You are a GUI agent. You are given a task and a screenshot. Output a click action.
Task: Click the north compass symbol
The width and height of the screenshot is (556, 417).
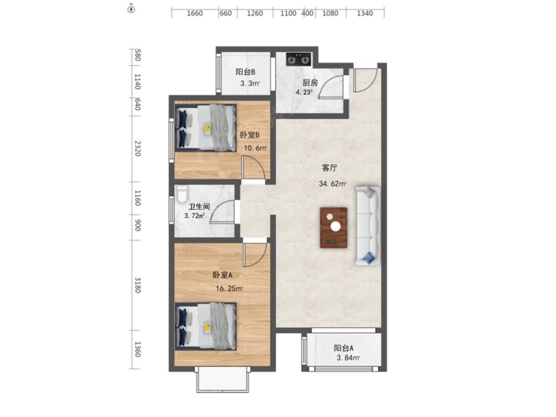131,9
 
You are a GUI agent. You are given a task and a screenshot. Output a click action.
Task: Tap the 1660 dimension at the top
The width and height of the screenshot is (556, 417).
195,13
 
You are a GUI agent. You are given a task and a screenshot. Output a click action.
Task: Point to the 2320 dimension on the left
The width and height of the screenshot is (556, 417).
138,149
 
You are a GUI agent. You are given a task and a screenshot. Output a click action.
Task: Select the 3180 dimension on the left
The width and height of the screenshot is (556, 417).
138,285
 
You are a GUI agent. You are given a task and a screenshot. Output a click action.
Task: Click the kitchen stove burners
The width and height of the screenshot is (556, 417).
299,59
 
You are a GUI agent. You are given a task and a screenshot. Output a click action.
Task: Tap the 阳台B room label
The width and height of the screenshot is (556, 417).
245,72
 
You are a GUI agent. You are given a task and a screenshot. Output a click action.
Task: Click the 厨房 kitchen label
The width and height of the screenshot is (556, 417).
310,83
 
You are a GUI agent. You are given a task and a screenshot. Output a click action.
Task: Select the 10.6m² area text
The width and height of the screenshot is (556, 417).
255,148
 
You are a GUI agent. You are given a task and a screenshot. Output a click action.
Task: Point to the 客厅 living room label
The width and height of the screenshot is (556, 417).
329,167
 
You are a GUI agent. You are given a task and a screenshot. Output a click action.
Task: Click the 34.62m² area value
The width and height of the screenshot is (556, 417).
332,183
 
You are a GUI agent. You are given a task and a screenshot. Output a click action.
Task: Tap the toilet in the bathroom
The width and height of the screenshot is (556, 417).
181,195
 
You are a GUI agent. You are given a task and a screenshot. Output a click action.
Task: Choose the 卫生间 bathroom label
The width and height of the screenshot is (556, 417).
199,206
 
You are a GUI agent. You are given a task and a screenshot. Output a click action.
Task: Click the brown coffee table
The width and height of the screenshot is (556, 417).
334,228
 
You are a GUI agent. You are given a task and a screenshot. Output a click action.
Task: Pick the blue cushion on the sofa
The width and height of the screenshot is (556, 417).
369,257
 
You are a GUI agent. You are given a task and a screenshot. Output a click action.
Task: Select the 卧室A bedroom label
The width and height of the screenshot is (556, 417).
222,275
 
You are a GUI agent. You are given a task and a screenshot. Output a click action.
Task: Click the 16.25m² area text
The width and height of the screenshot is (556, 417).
229,288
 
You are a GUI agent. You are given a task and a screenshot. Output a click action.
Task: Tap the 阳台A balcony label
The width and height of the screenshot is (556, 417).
343,348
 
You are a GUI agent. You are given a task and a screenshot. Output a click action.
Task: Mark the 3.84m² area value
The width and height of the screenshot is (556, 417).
348,358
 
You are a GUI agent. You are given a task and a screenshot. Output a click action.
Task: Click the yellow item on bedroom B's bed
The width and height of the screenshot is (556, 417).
207,129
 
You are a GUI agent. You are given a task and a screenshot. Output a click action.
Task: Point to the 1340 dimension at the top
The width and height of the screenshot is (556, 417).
365,13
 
